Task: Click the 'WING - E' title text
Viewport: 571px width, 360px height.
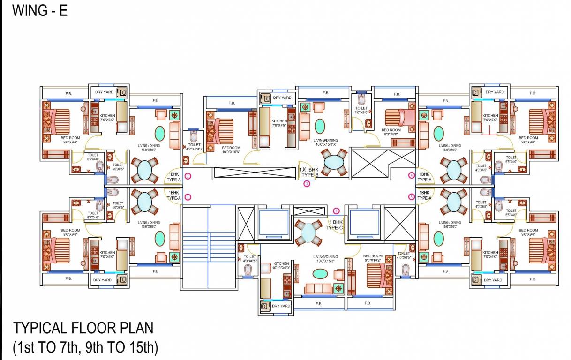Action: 40,10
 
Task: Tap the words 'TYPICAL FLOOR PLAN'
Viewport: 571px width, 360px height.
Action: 83,328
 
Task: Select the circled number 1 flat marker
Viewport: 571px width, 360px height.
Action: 188,197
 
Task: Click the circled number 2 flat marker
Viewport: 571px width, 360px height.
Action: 188,176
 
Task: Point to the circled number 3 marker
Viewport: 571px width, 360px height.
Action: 307,184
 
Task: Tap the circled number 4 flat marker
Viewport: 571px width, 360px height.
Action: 412,176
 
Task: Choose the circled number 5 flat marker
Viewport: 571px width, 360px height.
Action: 412,197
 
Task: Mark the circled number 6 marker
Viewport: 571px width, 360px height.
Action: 336,210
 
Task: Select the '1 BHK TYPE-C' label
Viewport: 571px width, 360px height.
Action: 335,225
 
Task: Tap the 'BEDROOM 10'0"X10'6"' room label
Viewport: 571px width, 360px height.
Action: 231,150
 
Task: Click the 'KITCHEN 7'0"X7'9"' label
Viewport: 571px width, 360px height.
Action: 279,123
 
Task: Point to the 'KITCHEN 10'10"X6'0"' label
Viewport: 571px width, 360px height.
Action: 281,266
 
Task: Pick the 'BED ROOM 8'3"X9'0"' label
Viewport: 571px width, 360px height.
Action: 391,132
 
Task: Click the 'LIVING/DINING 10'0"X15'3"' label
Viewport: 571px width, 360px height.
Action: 325,259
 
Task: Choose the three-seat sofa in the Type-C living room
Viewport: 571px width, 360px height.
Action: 317,287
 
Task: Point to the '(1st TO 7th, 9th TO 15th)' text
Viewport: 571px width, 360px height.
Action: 85,347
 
